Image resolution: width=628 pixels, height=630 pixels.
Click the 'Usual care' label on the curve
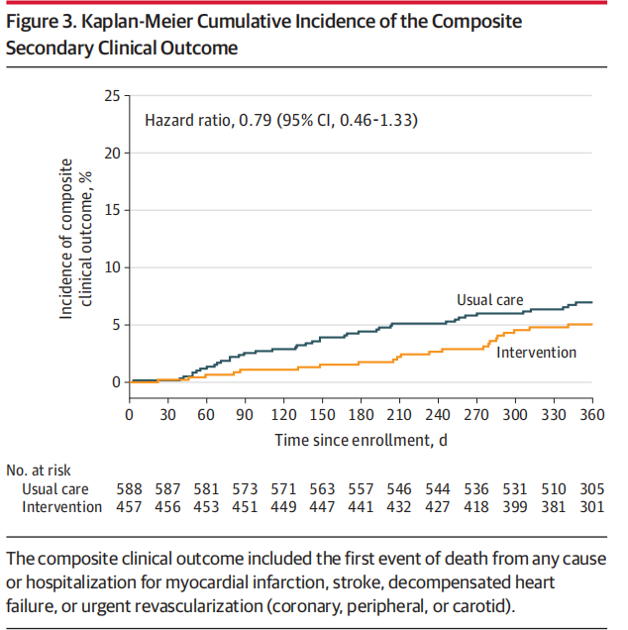[x=489, y=300]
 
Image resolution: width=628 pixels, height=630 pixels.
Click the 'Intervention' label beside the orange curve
[x=536, y=352]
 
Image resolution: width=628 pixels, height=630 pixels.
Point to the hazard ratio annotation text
[x=281, y=121]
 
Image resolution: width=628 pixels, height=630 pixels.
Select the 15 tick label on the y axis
[x=111, y=210]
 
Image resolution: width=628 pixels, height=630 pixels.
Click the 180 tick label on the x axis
[x=360, y=414]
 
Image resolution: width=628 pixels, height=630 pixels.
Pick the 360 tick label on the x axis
[x=591, y=414]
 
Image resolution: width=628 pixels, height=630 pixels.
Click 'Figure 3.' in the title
[x=41, y=21]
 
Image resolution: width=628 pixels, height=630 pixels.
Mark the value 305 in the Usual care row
[x=591, y=489]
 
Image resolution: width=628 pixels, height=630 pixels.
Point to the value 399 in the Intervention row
[x=514, y=507]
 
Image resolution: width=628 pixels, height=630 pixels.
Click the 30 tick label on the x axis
[x=166, y=414]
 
